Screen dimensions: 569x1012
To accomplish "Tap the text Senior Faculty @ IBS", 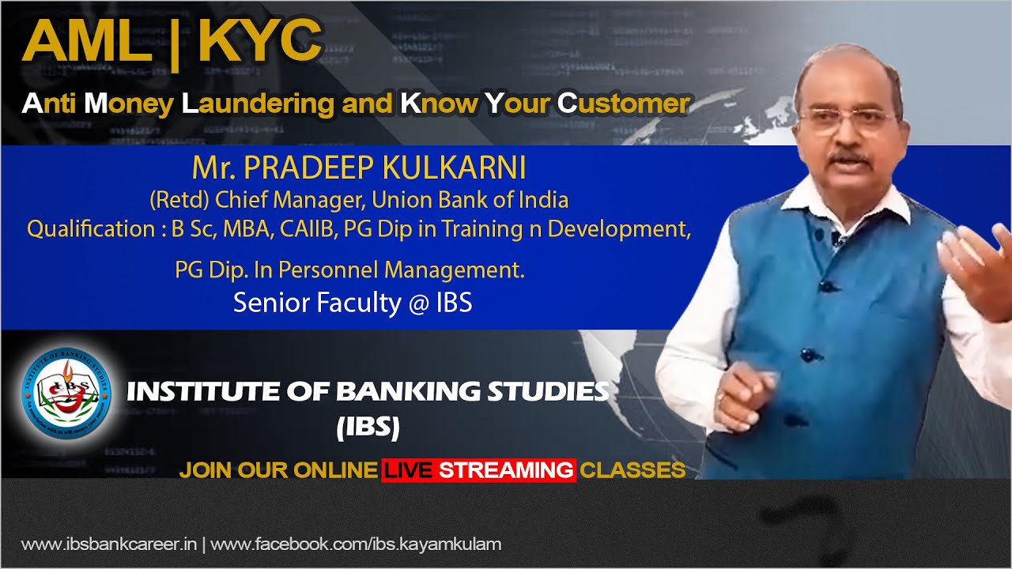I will (x=353, y=303).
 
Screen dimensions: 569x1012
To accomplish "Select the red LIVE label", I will (x=408, y=470).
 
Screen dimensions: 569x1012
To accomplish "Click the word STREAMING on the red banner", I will (x=506, y=470).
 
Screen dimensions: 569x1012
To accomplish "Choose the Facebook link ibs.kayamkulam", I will (x=356, y=545).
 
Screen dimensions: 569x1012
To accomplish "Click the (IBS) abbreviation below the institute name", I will (x=368, y=428).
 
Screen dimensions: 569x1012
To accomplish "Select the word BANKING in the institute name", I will (x=395, y=391).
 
